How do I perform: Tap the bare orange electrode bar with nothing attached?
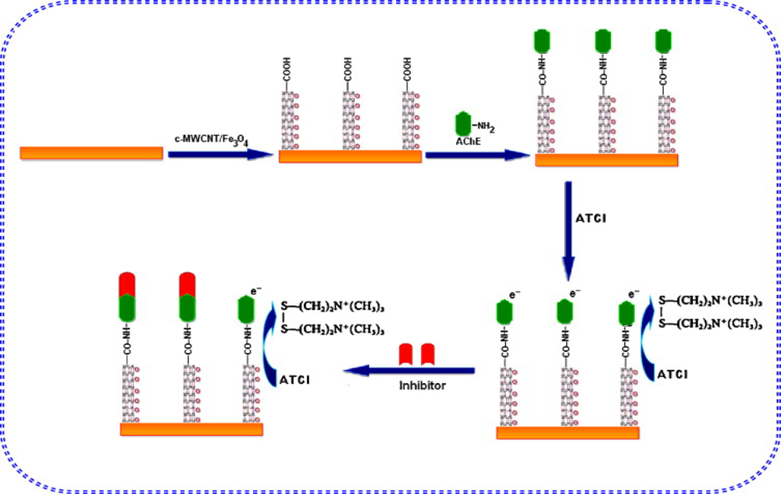91,153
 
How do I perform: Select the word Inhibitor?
422,385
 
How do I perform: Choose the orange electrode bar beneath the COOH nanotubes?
350,156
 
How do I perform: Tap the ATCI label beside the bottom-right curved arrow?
672,375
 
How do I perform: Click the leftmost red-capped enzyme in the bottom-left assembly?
127,297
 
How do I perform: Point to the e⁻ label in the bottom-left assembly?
255,291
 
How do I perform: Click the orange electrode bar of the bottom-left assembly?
191,428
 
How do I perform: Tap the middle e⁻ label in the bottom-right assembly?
575,294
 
